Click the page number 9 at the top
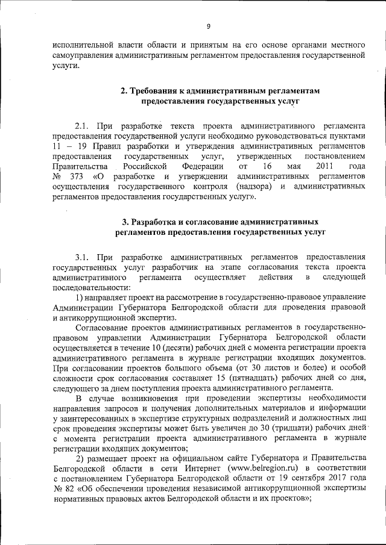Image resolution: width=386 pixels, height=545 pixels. [x=208, y=26]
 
